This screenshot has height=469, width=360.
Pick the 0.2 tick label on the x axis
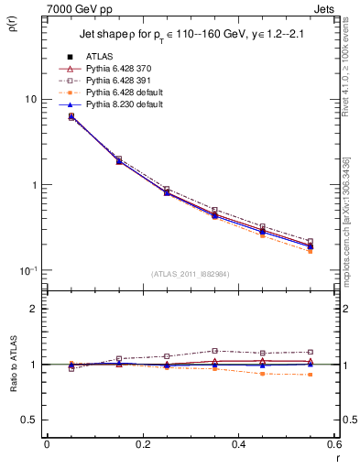[x=142, y=446]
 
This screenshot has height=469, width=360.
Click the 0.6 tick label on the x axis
[x=334, y=446]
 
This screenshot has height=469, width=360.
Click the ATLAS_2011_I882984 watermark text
[x=190, y=274]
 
